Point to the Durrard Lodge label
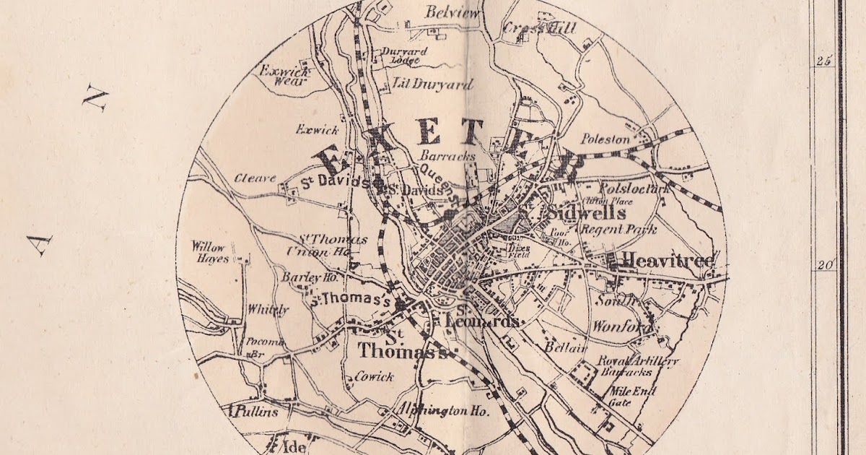coord(405,56)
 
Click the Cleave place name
coord(255,178)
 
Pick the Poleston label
coord(605,139)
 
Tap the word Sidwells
coord(580,214)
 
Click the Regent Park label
coord(619,230)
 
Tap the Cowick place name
coord(375,376)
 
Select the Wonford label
coord(616,326)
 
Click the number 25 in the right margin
coord(823,61)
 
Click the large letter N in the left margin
coord(94,97)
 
